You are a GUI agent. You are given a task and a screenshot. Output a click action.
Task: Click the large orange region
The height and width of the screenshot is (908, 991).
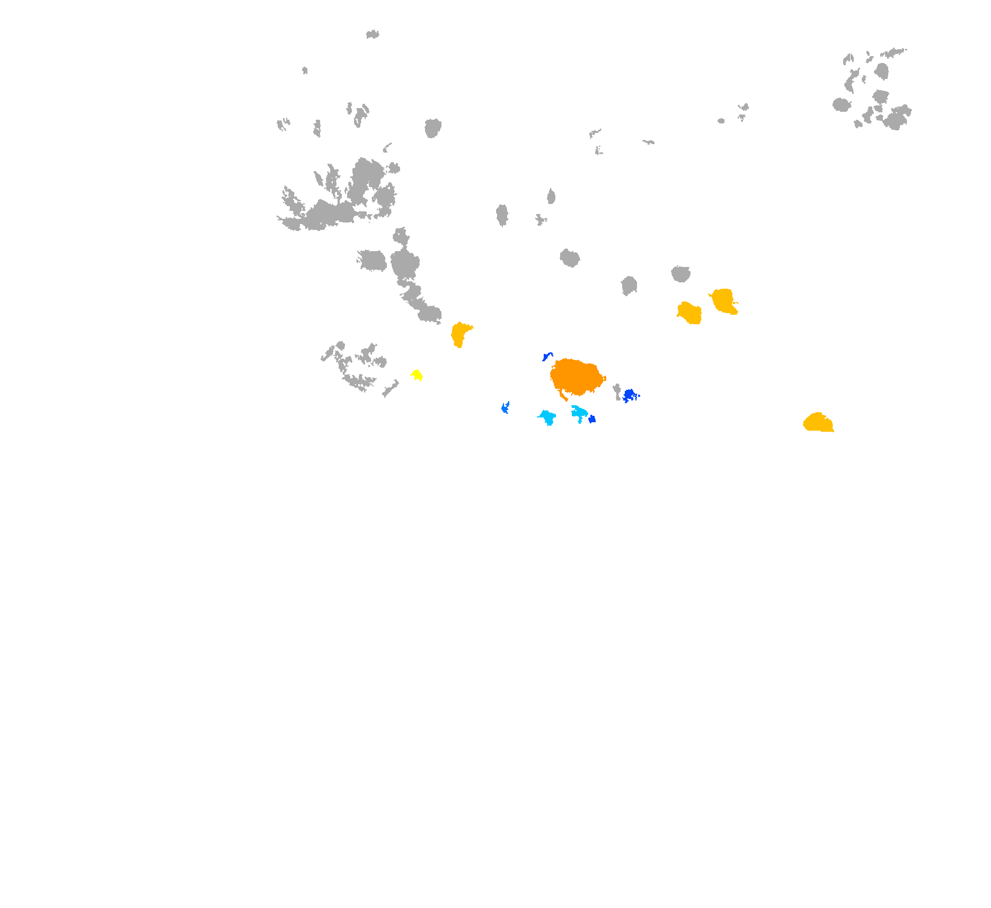[x=576, y=376]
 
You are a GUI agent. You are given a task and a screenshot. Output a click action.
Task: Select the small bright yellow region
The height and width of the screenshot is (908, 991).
[x=417, y=375]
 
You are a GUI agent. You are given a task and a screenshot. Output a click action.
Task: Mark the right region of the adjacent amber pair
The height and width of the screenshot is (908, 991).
[x=723, y=301]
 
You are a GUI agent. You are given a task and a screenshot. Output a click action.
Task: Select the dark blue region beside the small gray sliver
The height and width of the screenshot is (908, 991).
[x=630, y=395]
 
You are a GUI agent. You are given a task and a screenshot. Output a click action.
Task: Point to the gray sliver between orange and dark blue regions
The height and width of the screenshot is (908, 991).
[x=617, y=391]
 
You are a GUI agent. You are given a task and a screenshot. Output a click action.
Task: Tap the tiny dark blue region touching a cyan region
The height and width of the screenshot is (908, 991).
[x=592, y=419]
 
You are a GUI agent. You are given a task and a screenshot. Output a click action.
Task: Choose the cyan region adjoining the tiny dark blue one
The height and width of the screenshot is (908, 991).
[x=579, y=412]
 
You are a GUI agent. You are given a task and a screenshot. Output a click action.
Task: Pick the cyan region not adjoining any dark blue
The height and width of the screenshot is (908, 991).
[x=547, y=416]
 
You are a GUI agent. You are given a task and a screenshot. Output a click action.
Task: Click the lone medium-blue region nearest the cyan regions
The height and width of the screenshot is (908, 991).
[x=505, y=407]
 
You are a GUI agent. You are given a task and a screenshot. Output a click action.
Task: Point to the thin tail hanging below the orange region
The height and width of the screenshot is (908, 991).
[x=563, y=395]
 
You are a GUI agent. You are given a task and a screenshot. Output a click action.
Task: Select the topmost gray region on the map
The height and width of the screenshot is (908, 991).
[x=373, y=34]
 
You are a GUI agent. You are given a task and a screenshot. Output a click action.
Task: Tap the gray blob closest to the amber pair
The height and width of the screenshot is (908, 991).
[x=680, y=273]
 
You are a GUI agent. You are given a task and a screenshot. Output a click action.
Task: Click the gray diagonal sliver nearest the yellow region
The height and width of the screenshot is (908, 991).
[x=391, y=389]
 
